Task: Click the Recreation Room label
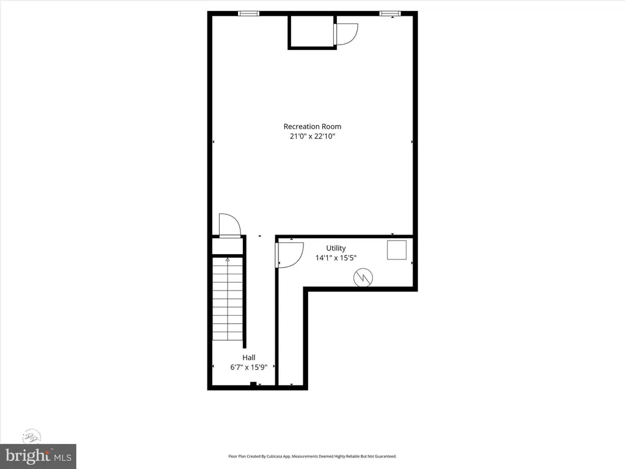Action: (x=312, y=126)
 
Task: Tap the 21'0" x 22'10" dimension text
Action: (x=312, y=137)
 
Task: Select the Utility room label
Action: (x=336, y=248)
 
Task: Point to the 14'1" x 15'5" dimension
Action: (x=336, y=258)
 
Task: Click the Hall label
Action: (x=248, y=357)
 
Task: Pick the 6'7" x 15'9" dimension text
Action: (x=248, y=367)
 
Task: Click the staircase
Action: (x=228, y=299)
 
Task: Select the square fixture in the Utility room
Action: (x=397, y=250)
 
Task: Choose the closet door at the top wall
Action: (x=345, y=33)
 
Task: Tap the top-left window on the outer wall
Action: (x=248, y=13)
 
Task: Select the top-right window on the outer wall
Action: (x=388, y=13)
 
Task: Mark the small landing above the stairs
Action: (x=228, y=245)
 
